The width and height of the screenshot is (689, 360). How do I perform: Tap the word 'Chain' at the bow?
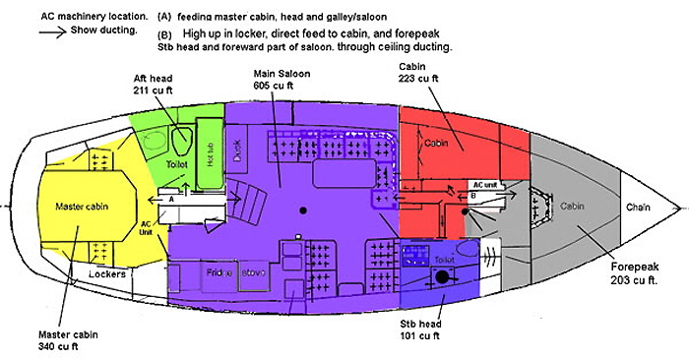click(x=641, y=208)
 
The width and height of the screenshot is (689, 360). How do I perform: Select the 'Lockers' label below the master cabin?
click(x=105, y=273)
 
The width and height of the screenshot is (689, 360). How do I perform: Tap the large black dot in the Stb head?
click(x=442, y=278)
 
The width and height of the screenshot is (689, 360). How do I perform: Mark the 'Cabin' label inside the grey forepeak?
click(x=573, y=208)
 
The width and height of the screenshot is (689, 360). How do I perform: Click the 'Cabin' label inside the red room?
click(x=436, y=143)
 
